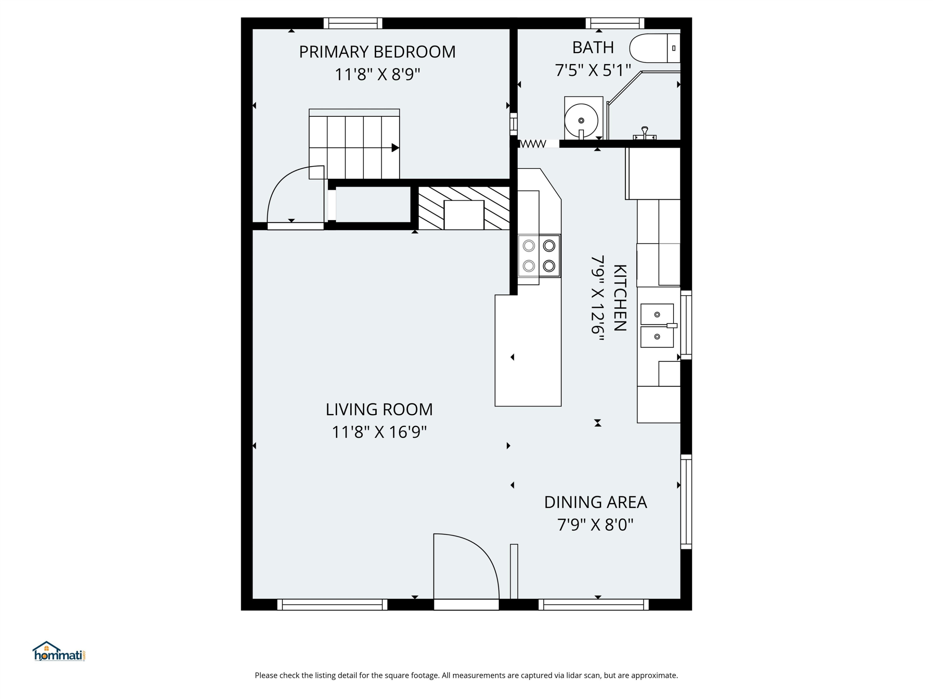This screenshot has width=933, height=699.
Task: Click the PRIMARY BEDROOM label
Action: tap(377, 52)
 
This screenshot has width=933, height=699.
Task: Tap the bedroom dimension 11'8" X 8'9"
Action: tap(377, 75)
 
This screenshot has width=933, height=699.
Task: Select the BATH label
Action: tap(593, 48)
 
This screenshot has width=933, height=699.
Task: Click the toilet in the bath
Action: tap(655, 48)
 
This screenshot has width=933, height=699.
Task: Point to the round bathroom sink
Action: tap(581, 120)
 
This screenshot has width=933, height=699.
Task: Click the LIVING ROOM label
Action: tap(379, 409)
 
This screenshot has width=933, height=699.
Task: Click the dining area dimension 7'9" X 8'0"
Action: tap(595, 525)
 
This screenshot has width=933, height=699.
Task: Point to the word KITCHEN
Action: tap(619, 298)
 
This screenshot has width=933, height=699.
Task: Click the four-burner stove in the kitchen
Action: tap(539, 256)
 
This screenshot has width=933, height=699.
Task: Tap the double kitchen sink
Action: tap(657, 325)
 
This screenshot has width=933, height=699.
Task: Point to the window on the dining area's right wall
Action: tap(686, 501)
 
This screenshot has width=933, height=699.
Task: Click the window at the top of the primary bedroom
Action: tap(353, 23)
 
